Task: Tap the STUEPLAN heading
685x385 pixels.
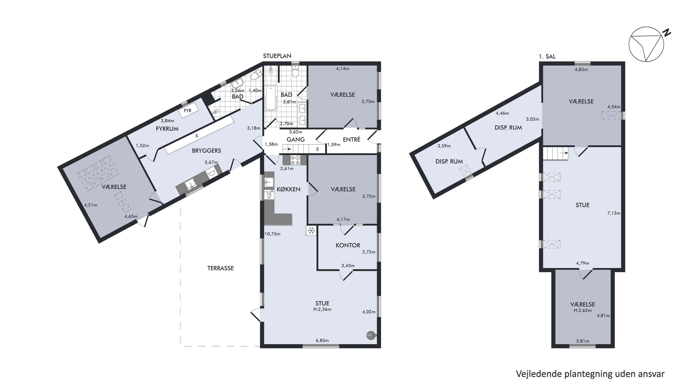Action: pyautogui.click(x=277, y=56)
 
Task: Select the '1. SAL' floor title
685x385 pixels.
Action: pyautogui.click(x=547, y=56)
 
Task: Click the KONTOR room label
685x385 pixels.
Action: pyautogui.click(x=348, y=245)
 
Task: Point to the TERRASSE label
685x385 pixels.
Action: pyautogui.click(x=220, y=268)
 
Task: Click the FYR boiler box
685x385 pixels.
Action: pyautogui.click(x=188, y=110)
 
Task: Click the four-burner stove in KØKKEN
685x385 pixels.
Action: pyautogui.click(x=295, y=160)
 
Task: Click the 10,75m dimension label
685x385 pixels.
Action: pyautogui.click(x=272, y=234)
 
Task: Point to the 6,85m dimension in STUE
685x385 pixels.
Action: pyautogui.click(x=322, y=340)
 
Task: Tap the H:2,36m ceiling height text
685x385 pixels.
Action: pyautogui.click(x=322, y=309)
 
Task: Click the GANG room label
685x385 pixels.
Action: pyautogui.click(x=295, y=139)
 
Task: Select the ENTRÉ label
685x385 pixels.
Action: pyautogui.click(x=352, y=139)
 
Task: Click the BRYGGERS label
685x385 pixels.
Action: pyautogui.click(x=206, y=151)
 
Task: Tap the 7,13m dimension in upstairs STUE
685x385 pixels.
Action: pyautogui.click(x=614, y=213)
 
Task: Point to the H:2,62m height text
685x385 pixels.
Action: pyautogui.click(x=583, y=310)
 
